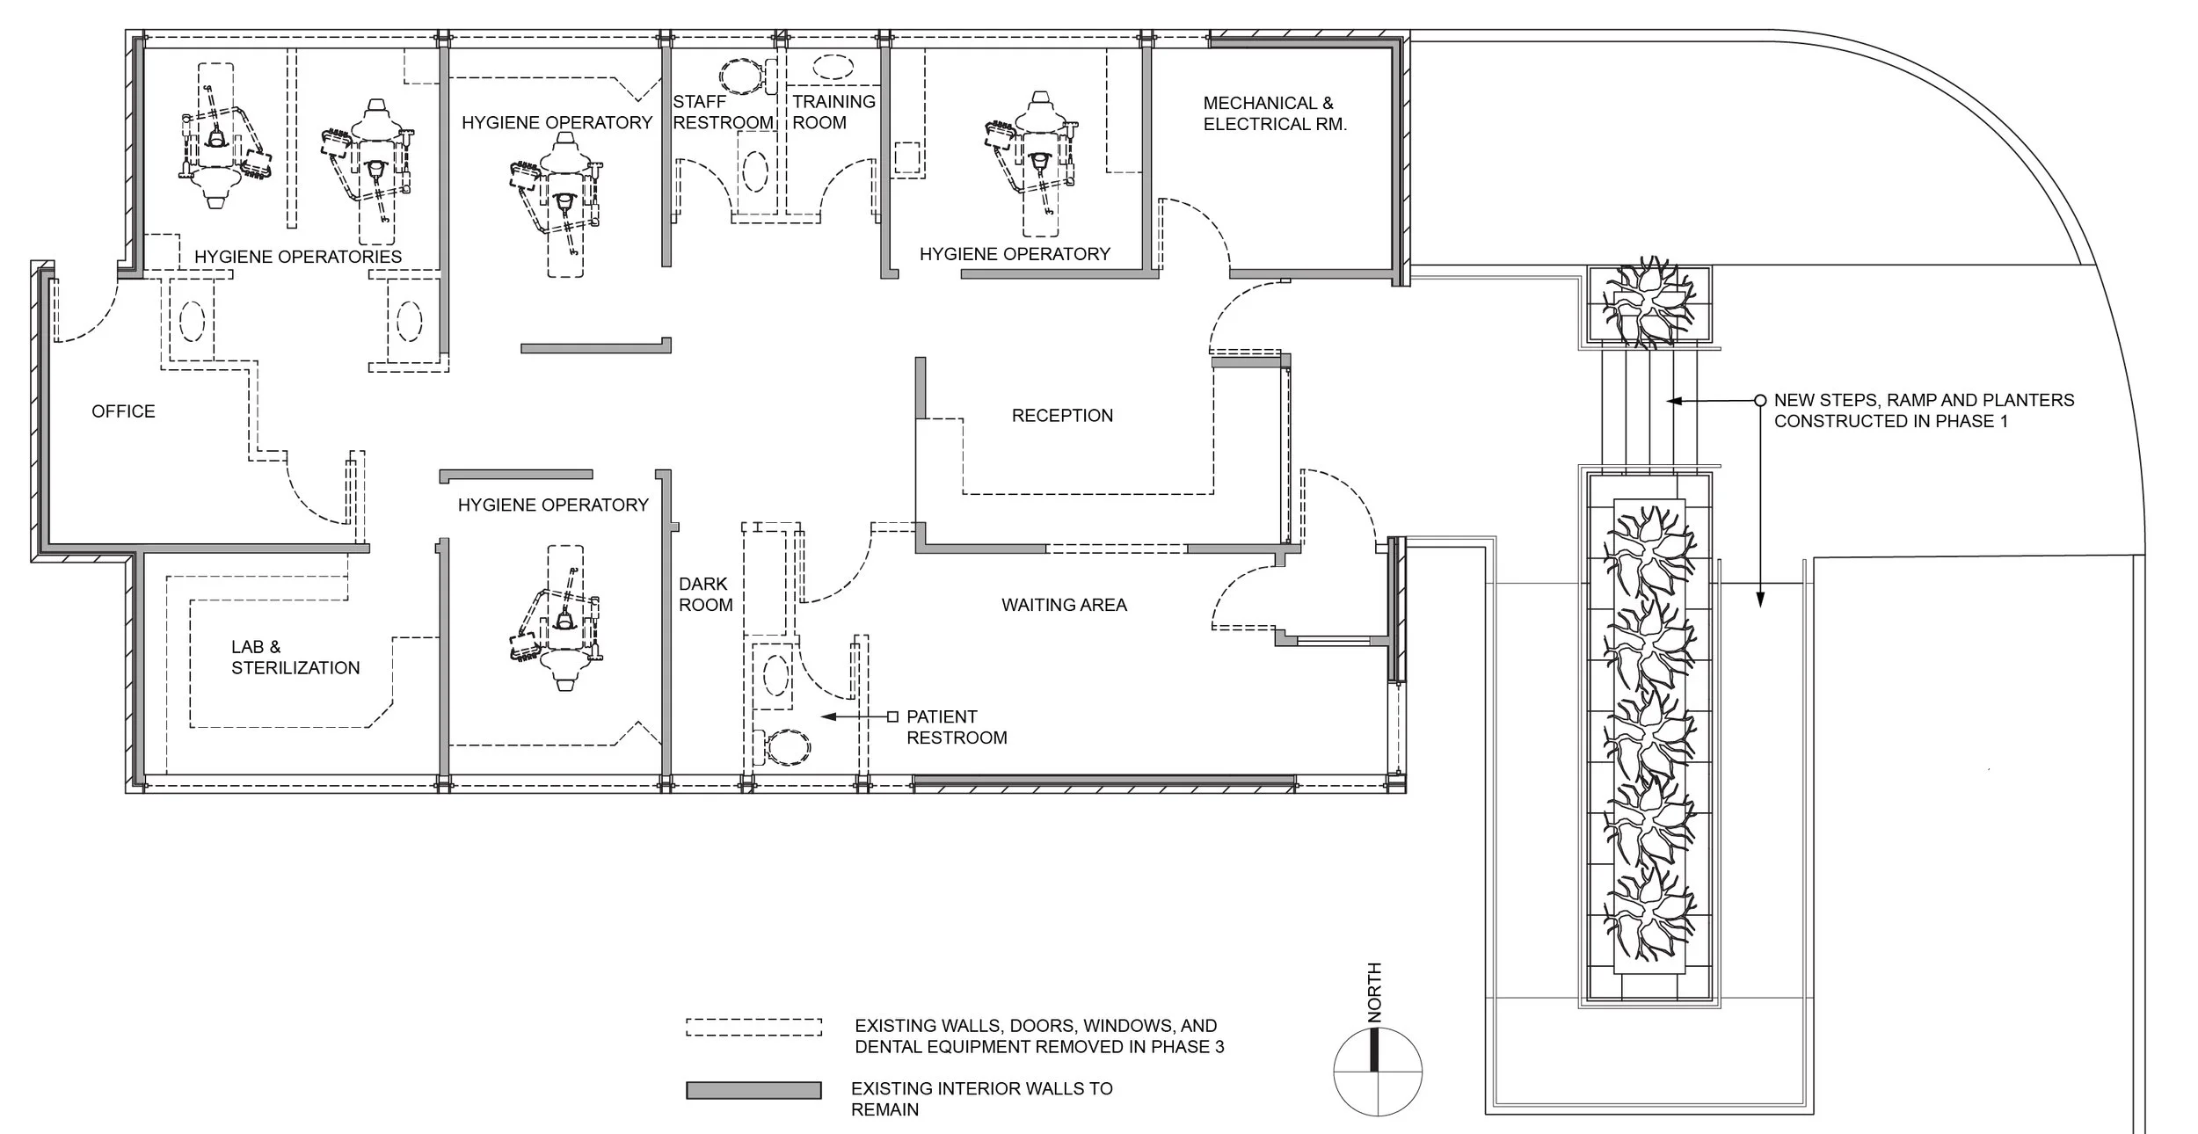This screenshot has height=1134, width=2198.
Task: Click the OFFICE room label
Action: click(x=123, y=411)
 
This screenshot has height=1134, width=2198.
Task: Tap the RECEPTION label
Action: click(x=1062, y=416)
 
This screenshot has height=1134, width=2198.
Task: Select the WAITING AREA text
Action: click(x=1064, y=605)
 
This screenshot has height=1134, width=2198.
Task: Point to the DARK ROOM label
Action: click(x=705, y=594)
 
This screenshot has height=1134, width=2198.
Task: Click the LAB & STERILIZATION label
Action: click(x=295, y=658)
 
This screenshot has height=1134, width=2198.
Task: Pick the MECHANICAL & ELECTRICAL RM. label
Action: click(x=1275, y=114)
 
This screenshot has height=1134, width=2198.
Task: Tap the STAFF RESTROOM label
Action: click(x=723, y=113)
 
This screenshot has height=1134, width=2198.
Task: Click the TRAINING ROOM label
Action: click(x=833, y=113)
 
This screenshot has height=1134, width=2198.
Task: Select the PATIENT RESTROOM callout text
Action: click(x=957, y=727)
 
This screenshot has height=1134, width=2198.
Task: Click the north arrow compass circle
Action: click(x=1378, y=1072)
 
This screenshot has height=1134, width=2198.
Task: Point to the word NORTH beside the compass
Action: click(x=1375, y=992)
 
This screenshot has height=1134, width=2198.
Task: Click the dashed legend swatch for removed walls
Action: click(x=753, y=1027)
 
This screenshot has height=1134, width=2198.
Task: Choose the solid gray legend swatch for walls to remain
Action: click(x=753, y=1090)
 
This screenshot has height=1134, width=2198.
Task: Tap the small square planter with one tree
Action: click(x=1650, y=304)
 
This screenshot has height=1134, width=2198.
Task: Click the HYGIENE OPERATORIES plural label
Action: click(x=298, y=257)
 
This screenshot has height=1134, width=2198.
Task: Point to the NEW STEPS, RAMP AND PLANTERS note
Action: click(x=1924, y=411)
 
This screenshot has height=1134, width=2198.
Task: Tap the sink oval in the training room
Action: click(x=833, y=67)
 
